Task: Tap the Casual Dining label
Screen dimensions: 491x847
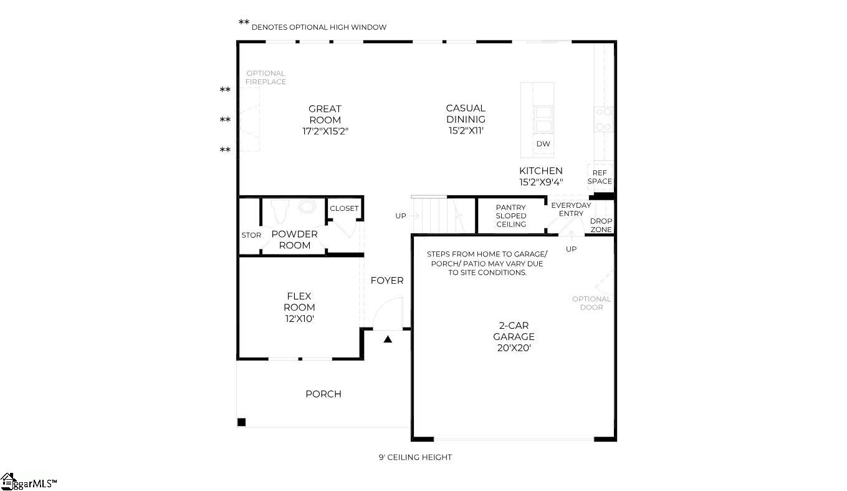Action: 465,119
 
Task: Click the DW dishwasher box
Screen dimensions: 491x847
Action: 543,144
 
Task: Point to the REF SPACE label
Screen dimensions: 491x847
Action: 600,177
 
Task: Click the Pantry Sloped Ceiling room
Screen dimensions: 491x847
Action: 511,216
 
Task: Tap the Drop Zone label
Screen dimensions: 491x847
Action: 601,225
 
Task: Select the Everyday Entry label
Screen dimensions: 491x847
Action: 571,210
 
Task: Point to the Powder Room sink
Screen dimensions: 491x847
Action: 308,207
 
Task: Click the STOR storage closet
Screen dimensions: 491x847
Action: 251,235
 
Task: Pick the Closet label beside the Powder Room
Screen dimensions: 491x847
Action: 344,208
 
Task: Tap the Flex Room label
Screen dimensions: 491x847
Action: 299,307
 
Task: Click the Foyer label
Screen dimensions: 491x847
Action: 387,281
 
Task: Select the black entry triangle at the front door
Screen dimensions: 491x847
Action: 388,339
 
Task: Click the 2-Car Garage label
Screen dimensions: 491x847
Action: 514,337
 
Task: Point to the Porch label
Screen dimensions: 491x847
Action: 323,394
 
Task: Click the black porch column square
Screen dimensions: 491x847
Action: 242,422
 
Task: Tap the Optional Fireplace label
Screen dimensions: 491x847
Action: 266,77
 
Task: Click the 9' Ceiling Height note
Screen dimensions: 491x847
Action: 415,457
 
